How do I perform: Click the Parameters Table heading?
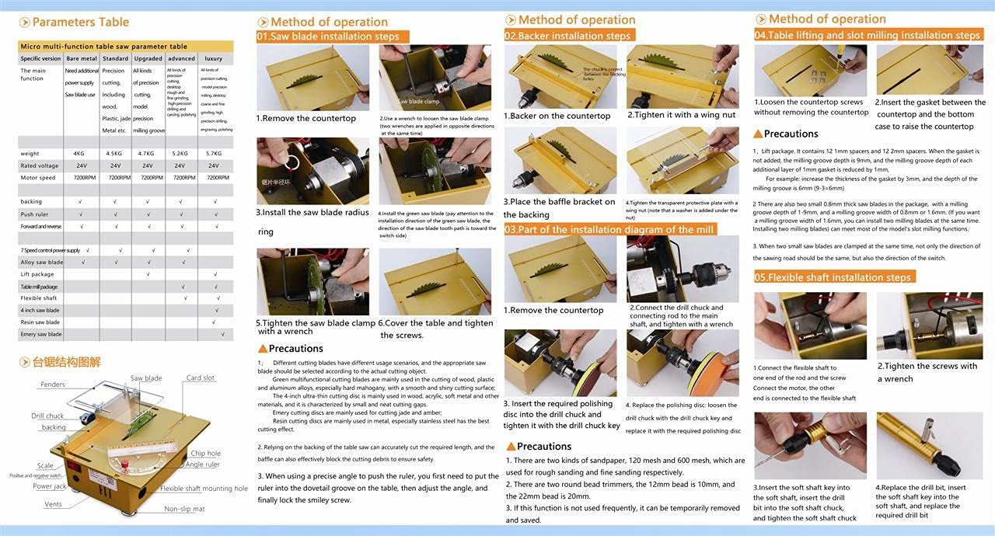[x=80, y=22]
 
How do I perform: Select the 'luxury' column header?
[x=213, y=58]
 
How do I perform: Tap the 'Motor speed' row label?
[x=37, y=178]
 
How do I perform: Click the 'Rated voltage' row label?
[x=39, y=165]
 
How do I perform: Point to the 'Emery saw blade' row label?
[x=40, y=334]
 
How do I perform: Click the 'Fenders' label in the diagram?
[x=53, y=385]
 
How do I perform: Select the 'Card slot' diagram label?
[x=200, y=378]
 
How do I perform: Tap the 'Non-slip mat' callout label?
[x=184, y=509]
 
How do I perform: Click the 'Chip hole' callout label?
[x=205, y=454]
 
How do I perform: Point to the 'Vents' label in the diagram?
[x=54, y=504]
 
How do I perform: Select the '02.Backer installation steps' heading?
[x=568, y=36]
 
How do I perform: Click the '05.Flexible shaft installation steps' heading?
[x=833, y=277]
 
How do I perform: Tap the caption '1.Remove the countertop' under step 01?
[x=305, y=119]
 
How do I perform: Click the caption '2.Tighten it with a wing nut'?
[x=681, y=115]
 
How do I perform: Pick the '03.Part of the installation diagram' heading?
[x=609, y=229]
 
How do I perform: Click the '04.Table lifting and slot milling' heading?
[x=868, y=35]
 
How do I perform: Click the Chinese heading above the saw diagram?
[x=66, y=362]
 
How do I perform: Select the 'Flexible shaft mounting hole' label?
[x=204, y=489]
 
